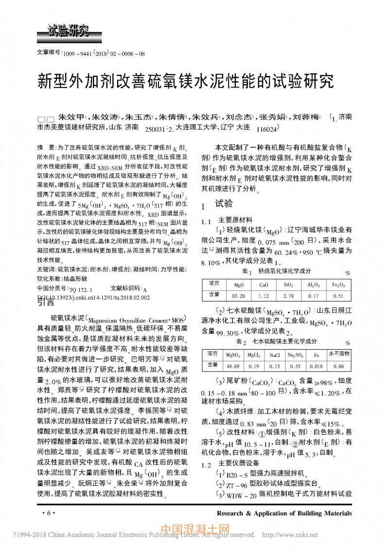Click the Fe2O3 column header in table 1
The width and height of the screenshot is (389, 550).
click(x=338, y=284)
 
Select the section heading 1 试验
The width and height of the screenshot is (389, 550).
click(x=219, y=203)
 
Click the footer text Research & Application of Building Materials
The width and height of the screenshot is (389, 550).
click(x=284, y=513)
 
